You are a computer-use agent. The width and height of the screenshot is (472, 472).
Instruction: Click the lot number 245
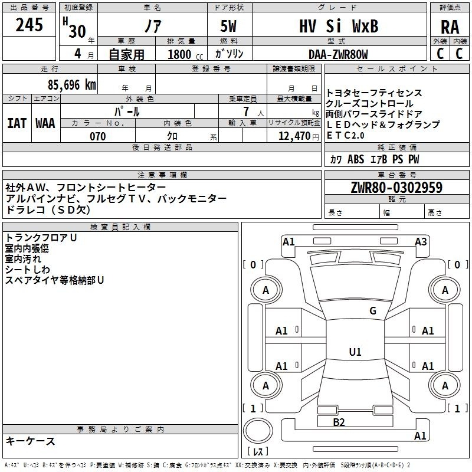29,25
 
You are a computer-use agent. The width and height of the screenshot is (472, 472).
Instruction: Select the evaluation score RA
450,27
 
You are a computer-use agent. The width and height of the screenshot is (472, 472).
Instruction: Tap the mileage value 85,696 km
71,85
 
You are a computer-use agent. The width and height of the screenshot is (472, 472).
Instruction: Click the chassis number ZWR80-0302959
396,187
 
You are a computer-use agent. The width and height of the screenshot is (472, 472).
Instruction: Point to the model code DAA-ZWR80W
338,54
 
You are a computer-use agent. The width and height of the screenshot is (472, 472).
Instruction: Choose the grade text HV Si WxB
339,26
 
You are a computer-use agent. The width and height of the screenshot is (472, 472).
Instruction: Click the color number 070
98,136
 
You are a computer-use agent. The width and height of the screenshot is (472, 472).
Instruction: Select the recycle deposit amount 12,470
294,136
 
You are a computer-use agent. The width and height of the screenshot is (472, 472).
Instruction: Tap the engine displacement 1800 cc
185,54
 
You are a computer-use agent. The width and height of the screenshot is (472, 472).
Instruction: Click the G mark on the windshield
373,310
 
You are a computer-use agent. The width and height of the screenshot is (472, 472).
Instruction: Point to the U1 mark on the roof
355,352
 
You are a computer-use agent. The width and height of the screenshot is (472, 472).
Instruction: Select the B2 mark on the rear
339,422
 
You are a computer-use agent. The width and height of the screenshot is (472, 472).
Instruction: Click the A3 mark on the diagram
421,241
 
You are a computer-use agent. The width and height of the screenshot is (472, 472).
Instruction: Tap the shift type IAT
17,123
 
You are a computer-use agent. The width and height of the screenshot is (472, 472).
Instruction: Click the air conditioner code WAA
45,123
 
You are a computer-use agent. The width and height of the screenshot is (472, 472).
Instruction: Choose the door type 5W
228,26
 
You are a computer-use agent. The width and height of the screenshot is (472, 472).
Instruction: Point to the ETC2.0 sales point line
345,136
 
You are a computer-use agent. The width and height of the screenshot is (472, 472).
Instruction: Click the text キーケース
31,441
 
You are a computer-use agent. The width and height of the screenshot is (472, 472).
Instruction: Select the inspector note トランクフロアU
41,238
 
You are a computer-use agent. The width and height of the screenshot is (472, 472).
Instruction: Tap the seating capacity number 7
247,112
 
